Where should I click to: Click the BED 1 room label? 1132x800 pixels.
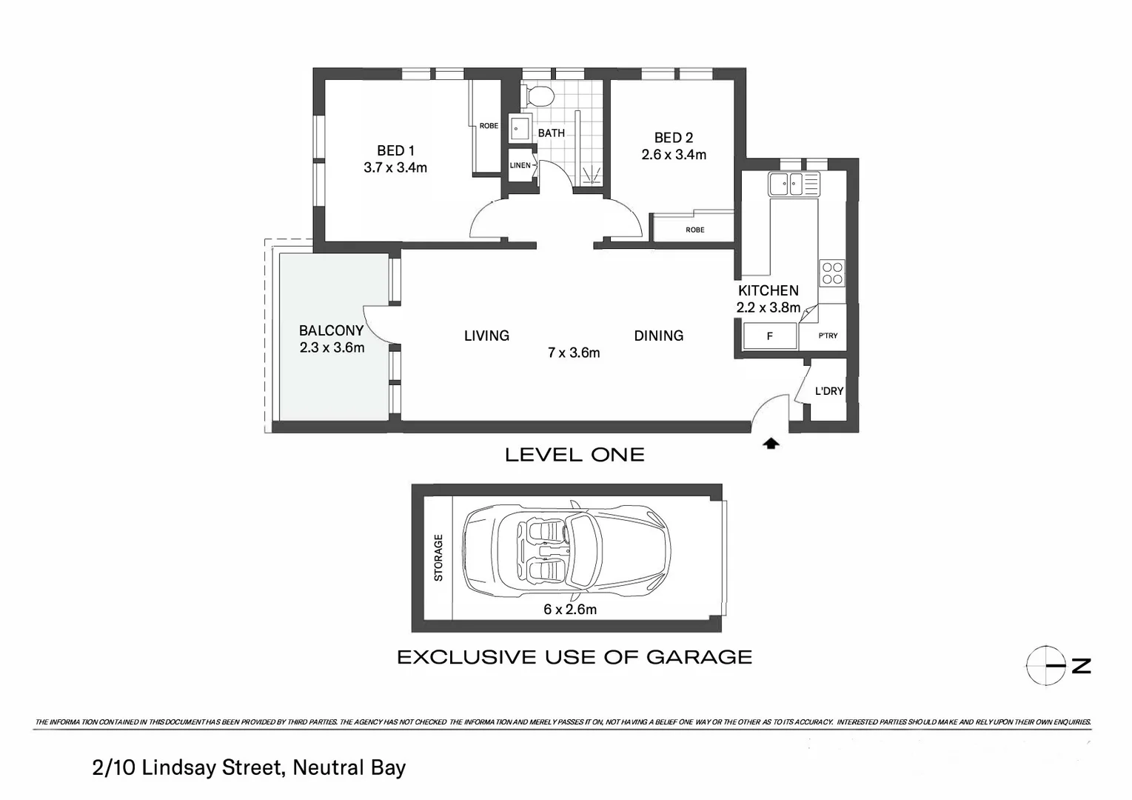coord(395,150)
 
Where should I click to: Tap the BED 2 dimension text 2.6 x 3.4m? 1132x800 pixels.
coord(673,155)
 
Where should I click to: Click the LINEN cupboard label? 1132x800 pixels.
coord(520,165)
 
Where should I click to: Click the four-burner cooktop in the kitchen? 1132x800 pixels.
coord(832,273)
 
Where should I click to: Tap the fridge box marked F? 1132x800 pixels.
coord(770,336)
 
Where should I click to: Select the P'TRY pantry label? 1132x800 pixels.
coord(828,336)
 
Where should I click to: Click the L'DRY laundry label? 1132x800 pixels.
coord(828,391)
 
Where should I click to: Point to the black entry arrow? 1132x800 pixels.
coord(771,444)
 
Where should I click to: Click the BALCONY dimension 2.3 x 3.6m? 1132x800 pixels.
coord(332,347)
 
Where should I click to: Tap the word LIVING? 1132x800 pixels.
coord(486,336)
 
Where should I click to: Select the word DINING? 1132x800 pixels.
coord(658,336)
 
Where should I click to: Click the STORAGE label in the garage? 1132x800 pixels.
coord(438,557)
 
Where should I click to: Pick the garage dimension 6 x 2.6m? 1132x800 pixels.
coord(570,610)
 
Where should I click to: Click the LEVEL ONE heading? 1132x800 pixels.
coord(575,455)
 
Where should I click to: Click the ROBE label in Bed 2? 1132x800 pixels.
coord(694,230)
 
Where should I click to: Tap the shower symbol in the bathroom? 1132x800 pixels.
coord(591,176)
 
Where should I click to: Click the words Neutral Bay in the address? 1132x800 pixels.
coord(349,767)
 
